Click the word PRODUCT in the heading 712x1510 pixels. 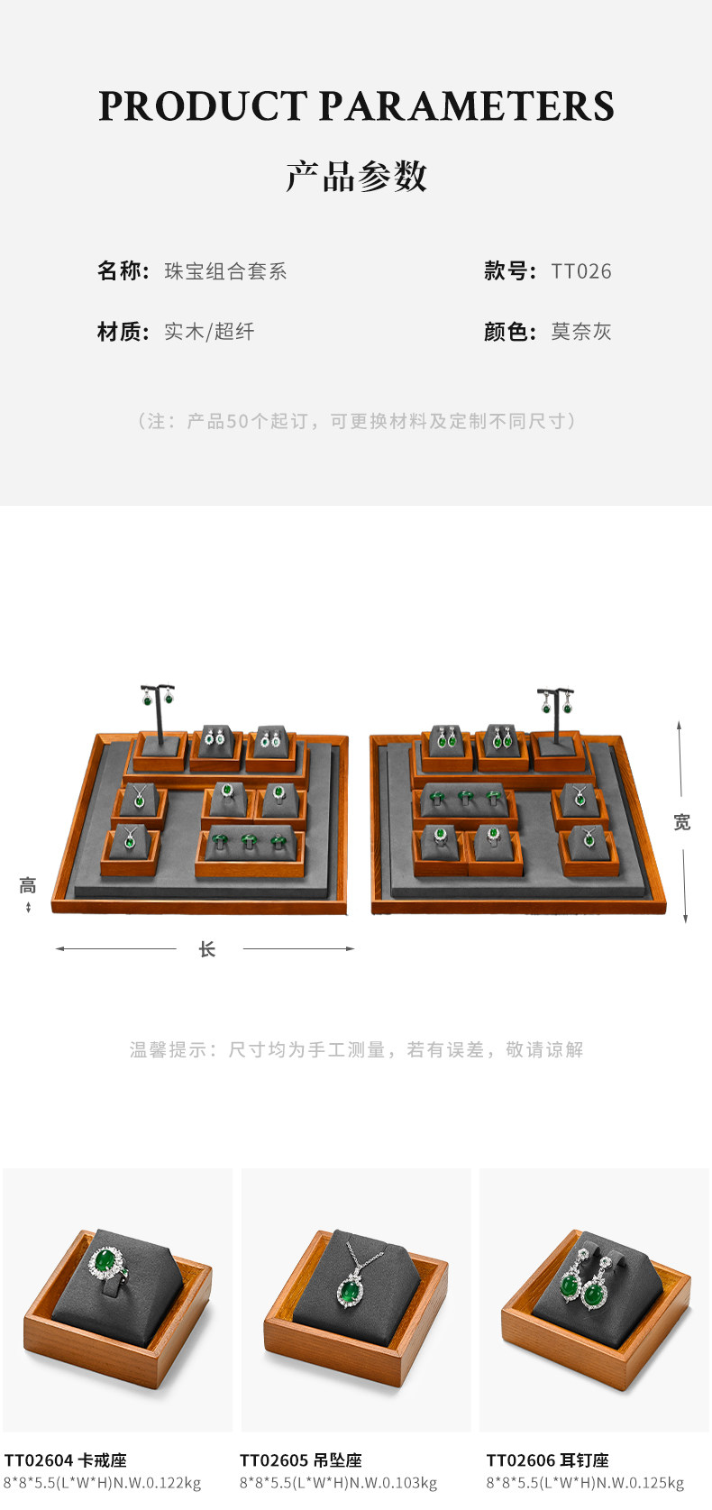203,106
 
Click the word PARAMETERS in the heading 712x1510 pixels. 467,106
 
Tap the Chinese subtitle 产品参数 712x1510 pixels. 356,177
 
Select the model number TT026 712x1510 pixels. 581,271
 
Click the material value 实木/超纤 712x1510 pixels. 209,332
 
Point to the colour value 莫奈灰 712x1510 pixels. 581,332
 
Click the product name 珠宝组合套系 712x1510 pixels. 225,271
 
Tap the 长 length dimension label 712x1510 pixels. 207,949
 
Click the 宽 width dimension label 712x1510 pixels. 682,822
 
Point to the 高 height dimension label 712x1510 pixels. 28,885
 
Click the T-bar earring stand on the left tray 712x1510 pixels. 157,712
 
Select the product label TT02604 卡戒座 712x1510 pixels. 66,1460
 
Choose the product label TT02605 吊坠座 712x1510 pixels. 301,1460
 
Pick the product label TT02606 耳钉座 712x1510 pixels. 548,1460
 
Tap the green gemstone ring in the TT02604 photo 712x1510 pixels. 109,1265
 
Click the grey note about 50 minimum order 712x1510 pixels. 356,421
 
